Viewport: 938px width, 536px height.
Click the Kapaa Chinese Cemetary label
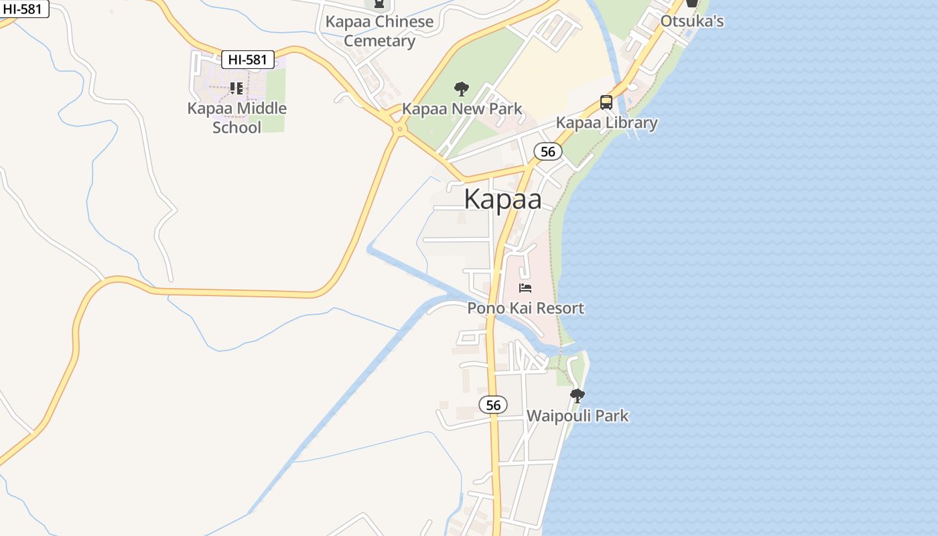click(x=379, y=31)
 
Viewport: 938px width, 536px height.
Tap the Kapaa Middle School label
click(x=237, y=117)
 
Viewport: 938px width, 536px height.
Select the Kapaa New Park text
click(x=462, y=109)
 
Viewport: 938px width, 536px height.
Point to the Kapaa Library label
click(x=606, y=123)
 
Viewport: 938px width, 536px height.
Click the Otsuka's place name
click(x=692, y=21)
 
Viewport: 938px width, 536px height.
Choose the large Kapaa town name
click(x=503, y=199)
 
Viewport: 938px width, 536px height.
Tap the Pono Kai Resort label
click(x=525, y=308)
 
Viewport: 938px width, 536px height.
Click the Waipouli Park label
click(x=578, y=415)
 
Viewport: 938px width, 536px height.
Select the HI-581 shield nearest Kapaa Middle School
click(x=248, y=60)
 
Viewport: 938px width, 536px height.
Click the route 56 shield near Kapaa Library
click(x=548, y=151)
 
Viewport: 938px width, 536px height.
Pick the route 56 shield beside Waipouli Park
click(x=493, y=405)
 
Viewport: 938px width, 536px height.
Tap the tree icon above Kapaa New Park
click(x=461, y=89)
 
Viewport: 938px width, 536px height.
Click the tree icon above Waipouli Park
click(x=577, y=396)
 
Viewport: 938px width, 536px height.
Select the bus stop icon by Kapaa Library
click(x=606, y=103)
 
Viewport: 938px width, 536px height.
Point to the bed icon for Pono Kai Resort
click(x=525, y=289)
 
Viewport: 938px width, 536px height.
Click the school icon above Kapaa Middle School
click(x=236, y=88)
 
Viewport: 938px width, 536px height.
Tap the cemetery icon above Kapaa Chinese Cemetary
click(x=379, y=3)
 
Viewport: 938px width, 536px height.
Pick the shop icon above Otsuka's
click(x=692, y=3)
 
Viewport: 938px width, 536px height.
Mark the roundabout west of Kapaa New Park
click(x=399, y=129)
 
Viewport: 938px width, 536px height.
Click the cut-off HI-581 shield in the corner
click(x=24, y=8)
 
